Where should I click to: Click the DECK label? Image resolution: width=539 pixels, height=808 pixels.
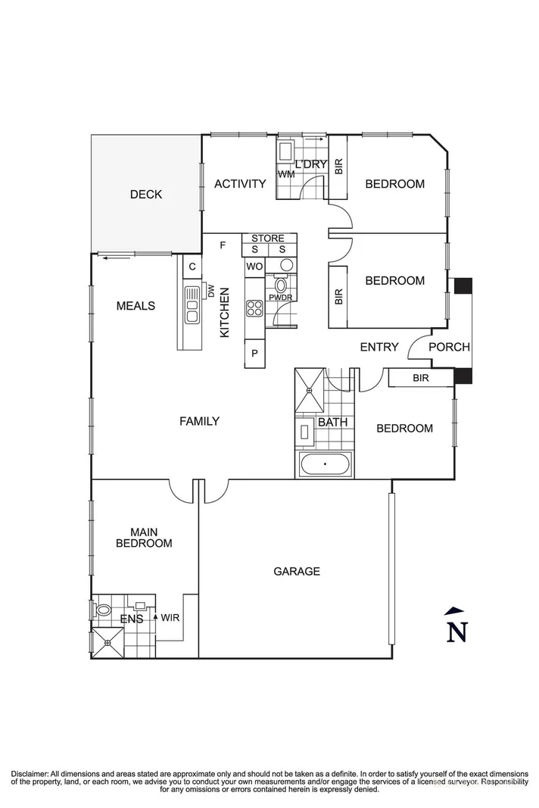pyautogui.click(x=145, y=195)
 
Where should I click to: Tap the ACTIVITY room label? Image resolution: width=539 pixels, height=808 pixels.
pyautogui.click(x=240, y=184)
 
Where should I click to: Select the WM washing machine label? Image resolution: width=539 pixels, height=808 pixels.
pyautogui.click(x=286, y=175)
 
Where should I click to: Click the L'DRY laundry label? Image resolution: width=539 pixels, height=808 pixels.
pyautogui.click(x=310, y=164)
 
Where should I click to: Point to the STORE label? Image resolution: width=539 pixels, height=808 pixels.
pyautogui.click(x=268, y=239)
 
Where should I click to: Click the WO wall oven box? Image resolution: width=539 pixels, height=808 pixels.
pyautogui.click(x=254, y=267)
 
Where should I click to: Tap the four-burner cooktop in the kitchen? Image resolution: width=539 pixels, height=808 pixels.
pyautogui.click(x=254, y=307)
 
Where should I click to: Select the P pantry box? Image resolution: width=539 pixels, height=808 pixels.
pyautogui.click(x=254, y=354)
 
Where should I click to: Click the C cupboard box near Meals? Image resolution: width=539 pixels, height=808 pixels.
pyautogui.click(x=192, y=267)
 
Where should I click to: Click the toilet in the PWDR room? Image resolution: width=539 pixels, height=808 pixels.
pyautogui.click(x=281, y=285)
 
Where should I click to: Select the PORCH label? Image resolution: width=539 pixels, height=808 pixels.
pyautogui.click(x=449, y=348)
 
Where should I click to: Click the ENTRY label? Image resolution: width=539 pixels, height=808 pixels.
pyautogui.click(x=379, y=348)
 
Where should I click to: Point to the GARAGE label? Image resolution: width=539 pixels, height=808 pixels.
pyautogui.click(x=296, y=572)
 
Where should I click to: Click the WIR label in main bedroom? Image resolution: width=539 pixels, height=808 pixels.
pyautogui.click(x=170, y=617)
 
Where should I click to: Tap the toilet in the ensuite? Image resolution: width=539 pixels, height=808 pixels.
pyautogui.click(x=104, y=610)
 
